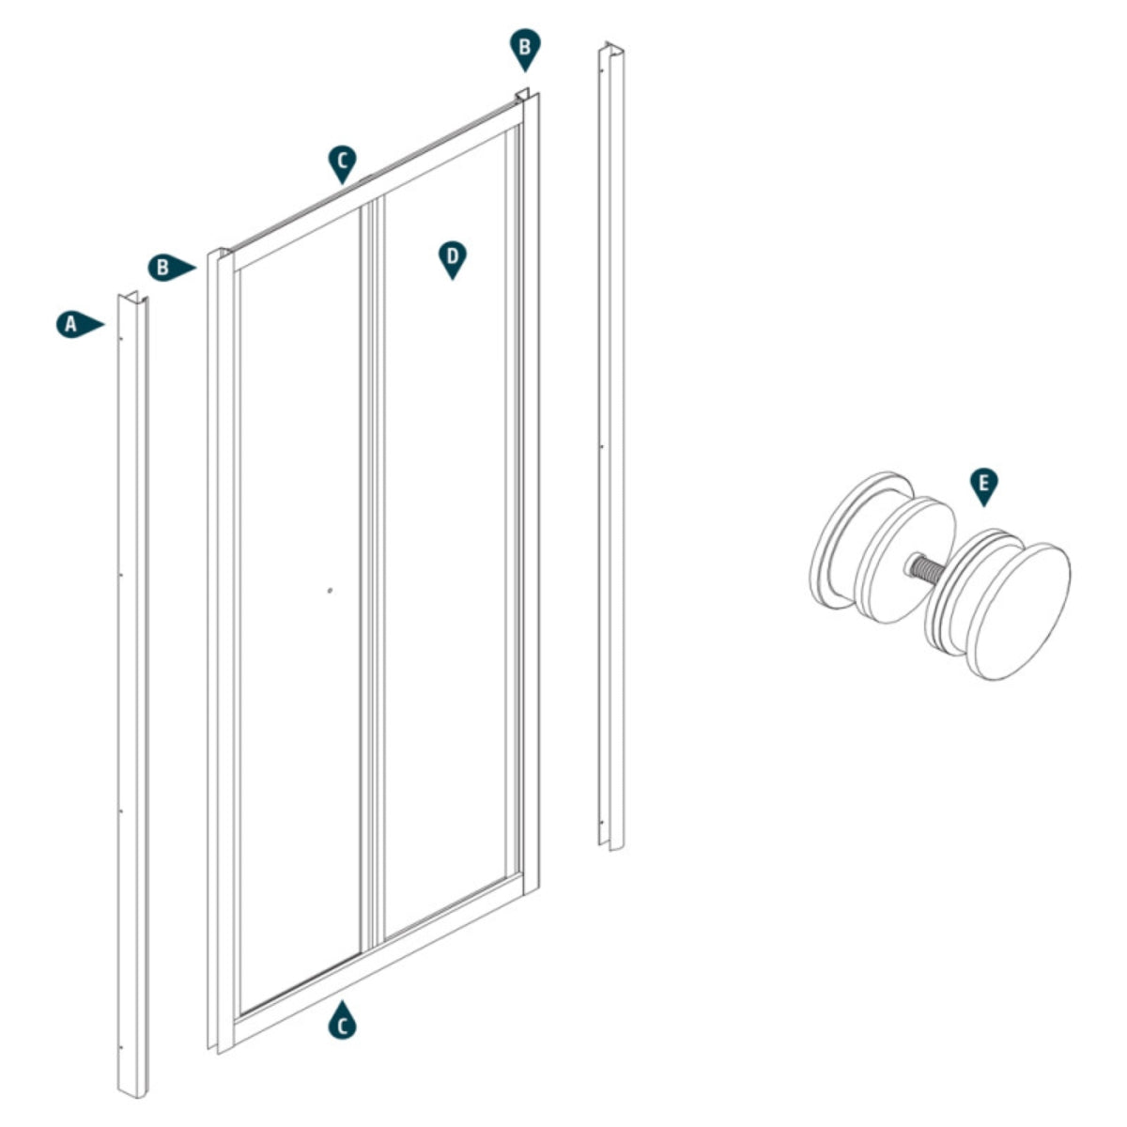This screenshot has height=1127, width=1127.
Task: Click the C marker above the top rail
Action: (x=343, y=162)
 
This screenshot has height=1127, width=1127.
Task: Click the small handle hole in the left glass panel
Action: (x=329, y=591)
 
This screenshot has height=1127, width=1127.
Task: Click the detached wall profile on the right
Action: (x=610, y=451)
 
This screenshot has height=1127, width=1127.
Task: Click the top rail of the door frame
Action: (x=376, y=183)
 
